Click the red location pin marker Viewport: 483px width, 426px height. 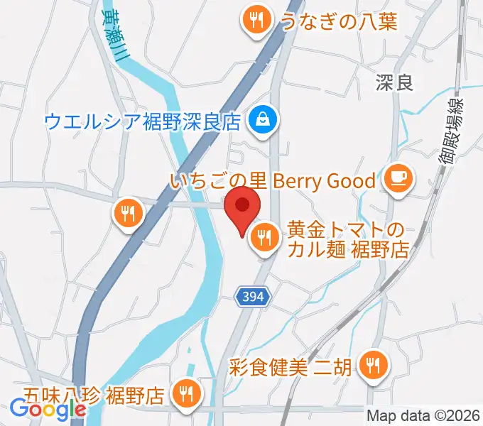241,207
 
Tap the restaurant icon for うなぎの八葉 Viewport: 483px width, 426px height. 254,20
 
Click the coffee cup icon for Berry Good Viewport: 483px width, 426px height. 396,178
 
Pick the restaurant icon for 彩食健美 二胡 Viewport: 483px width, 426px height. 371,366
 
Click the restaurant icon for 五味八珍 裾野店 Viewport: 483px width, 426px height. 188,392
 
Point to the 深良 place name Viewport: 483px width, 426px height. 394,83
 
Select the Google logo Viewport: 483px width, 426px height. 48,409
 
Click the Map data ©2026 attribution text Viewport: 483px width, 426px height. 423,415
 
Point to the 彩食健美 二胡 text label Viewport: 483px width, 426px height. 291,368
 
